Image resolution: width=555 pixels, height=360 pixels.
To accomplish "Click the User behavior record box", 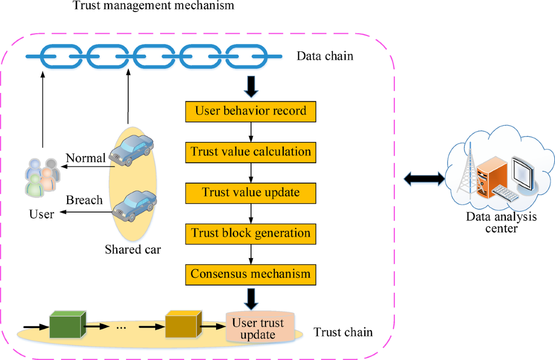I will tap(251, 111).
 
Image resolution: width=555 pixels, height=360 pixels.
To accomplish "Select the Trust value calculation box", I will tap(251, 152).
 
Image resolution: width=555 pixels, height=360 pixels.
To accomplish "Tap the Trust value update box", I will tap(251, 192).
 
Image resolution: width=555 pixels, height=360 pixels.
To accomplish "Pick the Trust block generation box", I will tap(251, 233).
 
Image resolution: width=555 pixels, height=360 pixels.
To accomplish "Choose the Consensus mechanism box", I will tap(251, 274).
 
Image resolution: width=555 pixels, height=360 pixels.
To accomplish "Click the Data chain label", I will tap(325, 56).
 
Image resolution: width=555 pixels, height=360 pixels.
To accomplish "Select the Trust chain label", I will tap(343, 332).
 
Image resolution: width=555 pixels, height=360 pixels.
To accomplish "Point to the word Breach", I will tap(84, 201).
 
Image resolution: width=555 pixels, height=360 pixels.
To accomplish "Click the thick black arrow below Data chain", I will tap(251, 87).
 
